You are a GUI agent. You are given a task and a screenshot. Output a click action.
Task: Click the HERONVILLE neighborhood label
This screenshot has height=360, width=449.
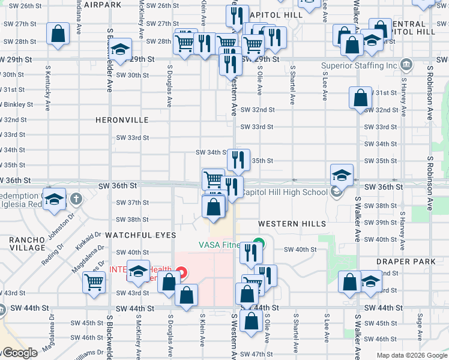122,120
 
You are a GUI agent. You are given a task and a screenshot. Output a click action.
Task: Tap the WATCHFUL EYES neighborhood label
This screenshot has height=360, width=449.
141,235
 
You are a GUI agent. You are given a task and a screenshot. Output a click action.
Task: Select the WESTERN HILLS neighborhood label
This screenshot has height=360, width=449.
292,224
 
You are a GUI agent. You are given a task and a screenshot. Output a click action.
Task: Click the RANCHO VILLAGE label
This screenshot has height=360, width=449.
27,244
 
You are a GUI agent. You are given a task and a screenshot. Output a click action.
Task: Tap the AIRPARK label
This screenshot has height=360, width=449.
103,4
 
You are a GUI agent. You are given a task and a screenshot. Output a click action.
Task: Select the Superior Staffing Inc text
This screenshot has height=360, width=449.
360,65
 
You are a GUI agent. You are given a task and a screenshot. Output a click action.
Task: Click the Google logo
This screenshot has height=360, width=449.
19,353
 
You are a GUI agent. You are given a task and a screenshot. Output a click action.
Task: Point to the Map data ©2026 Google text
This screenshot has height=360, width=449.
412,355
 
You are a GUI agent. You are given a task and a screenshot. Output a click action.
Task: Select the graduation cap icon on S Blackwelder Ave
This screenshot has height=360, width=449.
121,50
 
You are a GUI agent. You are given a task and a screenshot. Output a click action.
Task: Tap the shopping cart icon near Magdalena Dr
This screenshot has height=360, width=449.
94,282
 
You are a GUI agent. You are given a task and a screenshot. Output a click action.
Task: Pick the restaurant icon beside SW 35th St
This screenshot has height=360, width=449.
238,160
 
